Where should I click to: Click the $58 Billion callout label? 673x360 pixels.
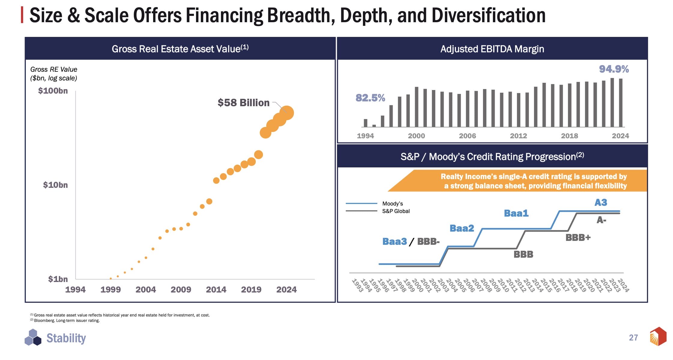[243, 103]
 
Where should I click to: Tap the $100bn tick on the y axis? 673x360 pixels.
[53, 91]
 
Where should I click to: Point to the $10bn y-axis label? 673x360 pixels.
[55, 185]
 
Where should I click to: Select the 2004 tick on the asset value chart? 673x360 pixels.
[146, 289]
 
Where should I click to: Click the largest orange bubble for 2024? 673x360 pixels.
[287, 113]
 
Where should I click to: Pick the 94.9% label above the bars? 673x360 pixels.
[614, 69]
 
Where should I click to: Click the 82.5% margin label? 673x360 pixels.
[370, 98]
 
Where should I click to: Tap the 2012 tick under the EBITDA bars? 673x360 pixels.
[518, 136]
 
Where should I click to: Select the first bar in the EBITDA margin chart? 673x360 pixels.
[365, 123]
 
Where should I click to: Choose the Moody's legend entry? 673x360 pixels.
[392, 204]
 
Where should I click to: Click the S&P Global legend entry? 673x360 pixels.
[396, 211]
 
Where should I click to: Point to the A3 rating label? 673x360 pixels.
[601, 202]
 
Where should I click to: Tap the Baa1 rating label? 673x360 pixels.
[516, 213]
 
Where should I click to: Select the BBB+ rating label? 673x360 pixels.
[578, 238]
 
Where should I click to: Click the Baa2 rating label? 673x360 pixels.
[462, 228]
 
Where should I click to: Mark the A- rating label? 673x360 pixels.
[601, 220]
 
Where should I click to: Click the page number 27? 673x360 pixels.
[633, 338]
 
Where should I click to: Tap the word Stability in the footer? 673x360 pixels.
[66, 338]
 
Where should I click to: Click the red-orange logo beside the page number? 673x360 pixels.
[658, 336]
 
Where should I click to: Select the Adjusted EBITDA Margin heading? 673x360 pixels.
[492, 49]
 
